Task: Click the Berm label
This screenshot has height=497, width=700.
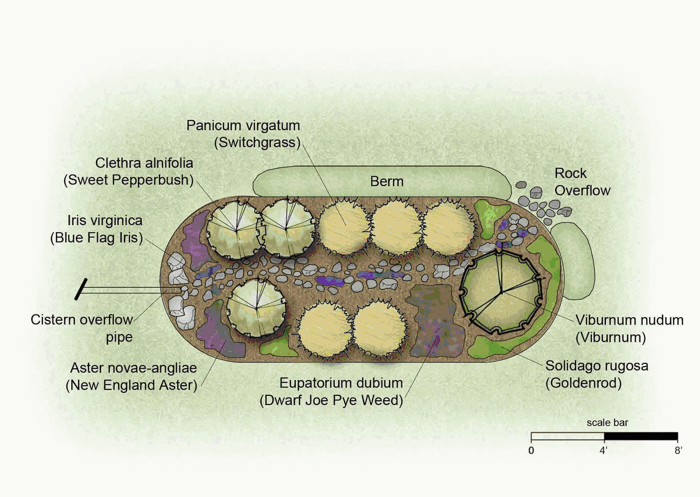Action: (387, 181)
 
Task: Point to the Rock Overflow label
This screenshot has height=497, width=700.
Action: (582, 182)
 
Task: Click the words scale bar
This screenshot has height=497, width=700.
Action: (607, 423)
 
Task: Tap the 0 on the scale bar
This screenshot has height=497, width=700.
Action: (531, 451)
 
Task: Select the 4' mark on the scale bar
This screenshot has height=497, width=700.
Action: (603, 451)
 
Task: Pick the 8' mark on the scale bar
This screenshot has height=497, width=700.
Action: (678, 451)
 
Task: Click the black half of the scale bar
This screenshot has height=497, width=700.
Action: (641, 436)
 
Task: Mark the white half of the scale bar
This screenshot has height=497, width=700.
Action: (567, 436)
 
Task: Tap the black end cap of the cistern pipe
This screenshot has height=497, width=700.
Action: (80, 289)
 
